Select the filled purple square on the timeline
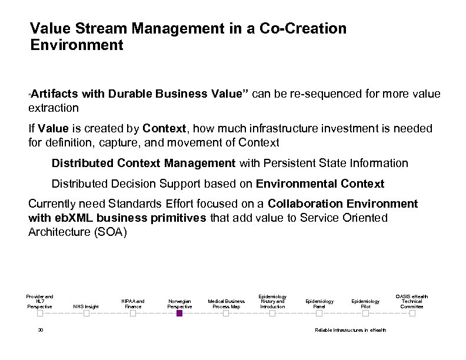coord(179,314)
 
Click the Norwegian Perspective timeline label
coord(179,304)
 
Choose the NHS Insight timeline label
coord(86,306)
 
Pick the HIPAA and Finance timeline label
coord(132,304)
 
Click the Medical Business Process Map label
coord(225,304)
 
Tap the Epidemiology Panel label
coord(319,304)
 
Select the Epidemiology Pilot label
coord(365,304)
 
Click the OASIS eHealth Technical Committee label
coord(411,301)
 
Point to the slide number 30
coord(40,330)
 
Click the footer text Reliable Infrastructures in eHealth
coord(351,330)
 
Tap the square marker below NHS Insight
coord(86,314)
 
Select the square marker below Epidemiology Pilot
coord(365,314)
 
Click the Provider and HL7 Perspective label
coord(40,301)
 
